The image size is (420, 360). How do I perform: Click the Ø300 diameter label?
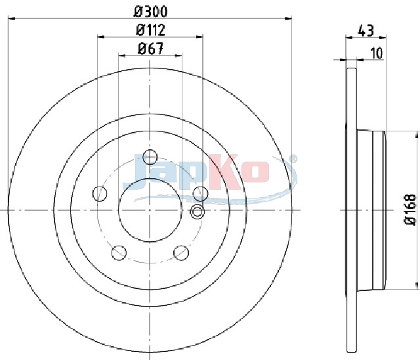coord(151,12)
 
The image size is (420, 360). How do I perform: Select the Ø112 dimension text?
coord(150,30)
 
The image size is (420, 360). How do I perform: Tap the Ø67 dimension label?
coord(150,49)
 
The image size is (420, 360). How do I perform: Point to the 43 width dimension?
coord(366,30)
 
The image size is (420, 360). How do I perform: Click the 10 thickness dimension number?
coord(377,53)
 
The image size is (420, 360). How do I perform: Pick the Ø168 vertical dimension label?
coord(410,210)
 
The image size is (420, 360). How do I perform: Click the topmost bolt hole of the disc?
coord(150,157)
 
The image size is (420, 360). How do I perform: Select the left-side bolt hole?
coord(100,194)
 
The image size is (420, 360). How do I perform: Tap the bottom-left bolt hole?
coord(119,252)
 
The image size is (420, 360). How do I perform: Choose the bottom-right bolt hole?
coord(181,252)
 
